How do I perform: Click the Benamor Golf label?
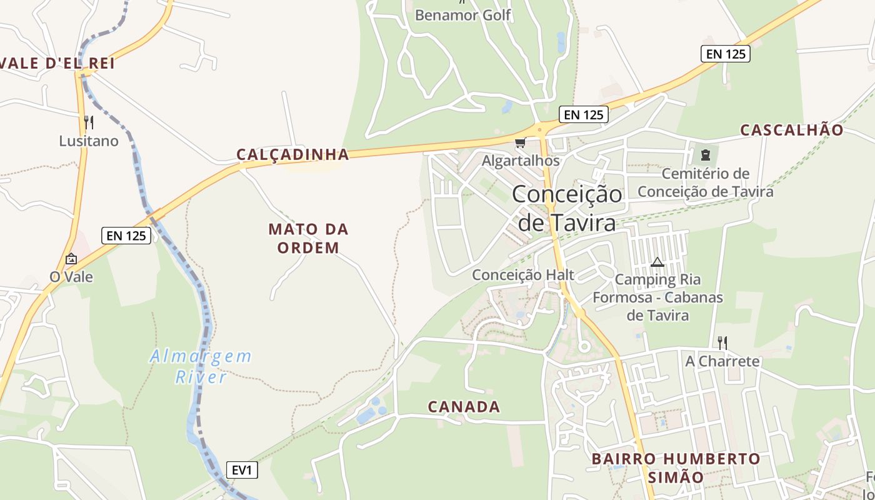coord(463,15)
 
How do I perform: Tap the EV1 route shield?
coord(241,470)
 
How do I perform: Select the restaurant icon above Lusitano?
coord(89,122)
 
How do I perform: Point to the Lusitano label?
coord(89,141)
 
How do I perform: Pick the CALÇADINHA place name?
coord(292,154)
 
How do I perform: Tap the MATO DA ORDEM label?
coord(309,238)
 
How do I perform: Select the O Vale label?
coord(71,276)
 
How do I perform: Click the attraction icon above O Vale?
coord(71,259)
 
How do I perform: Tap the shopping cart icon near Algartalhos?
coord(520,143)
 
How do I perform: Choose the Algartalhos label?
coord(521,161)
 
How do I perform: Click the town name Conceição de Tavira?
coord(567,208)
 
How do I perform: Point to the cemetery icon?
coord(706,154)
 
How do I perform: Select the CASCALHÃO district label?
coord(792,130)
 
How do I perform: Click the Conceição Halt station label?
coord(523,275)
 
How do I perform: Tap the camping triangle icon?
coord(656,262)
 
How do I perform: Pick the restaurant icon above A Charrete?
coord(722,342)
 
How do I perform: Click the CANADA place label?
coord(464,407)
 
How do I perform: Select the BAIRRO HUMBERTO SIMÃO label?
coord(676,468)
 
